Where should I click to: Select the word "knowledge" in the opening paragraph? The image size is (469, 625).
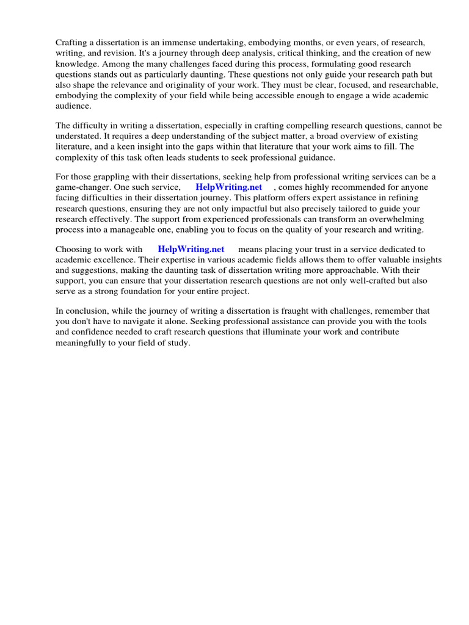(76, 64)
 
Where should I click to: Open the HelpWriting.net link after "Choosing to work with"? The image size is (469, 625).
(191, 250)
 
